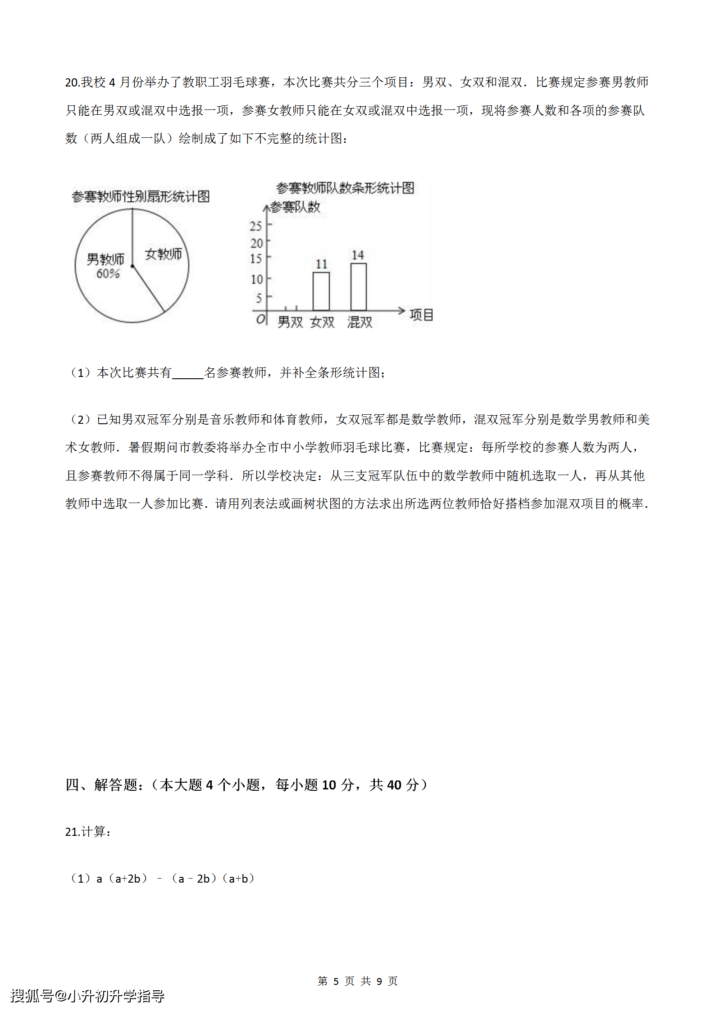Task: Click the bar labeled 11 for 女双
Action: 321,291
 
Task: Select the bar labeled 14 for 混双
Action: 358,287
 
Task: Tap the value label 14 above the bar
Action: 358,255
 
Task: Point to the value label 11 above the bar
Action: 321,264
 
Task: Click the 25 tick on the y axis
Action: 255,226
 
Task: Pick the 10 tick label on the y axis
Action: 256,279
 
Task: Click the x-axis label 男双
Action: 290,322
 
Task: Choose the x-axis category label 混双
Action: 360,322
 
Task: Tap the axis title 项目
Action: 421,315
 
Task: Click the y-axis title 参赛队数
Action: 295,207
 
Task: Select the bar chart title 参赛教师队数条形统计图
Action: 345,188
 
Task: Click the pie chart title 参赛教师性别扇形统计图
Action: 141,196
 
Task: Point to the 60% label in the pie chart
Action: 108,273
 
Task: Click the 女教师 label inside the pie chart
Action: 163,254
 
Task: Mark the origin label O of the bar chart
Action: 260,319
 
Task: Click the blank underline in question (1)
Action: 188,373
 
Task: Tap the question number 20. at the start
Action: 72,82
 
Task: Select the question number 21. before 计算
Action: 72,832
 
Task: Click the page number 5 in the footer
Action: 336,981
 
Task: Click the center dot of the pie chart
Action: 132,266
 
